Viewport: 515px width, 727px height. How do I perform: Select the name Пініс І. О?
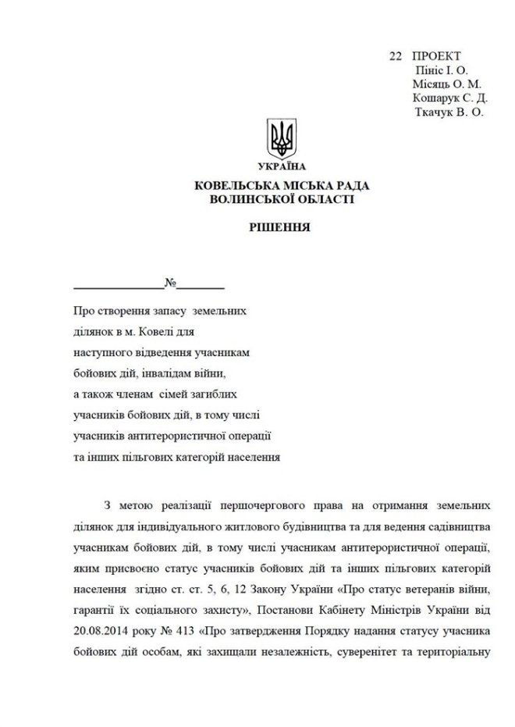point(442,70)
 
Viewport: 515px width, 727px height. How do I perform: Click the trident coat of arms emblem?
point(281,138)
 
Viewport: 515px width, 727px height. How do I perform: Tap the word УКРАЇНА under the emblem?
point(281,166)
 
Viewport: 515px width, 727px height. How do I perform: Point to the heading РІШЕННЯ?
point(281,229)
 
